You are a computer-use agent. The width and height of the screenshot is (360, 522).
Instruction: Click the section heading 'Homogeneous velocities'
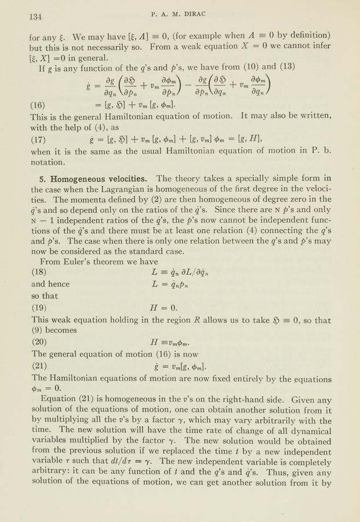click(x=96, y=178)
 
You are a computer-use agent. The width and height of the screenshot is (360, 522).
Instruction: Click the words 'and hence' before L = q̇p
click(x=50, y=284)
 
